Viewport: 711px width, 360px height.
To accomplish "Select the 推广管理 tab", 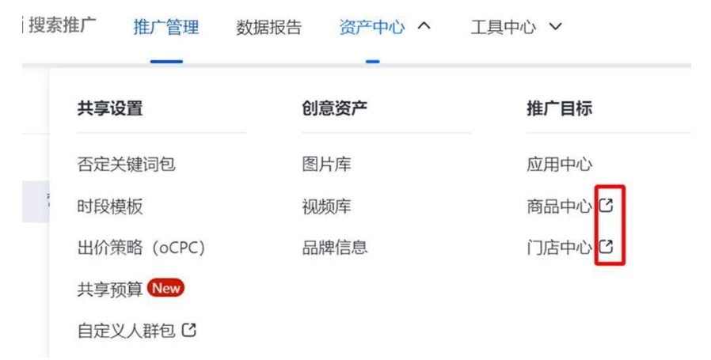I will pyautogui.click(x=166, y=27).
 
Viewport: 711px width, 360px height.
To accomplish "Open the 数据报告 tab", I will pyautogui.click(x=268, y=27).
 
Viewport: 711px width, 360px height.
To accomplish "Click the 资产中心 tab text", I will pyautogui.click(x=371, y=27).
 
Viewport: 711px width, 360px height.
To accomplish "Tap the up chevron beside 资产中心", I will pyautogui.click(x=424, y=26).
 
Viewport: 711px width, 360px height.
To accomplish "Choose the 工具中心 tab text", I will pyautogui.click(x=503, y=27).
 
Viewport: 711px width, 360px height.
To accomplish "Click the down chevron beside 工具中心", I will pyautogui.click(x=555, y=27).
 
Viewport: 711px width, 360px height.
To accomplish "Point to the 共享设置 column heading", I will pyautogui.click(x=110, y=109).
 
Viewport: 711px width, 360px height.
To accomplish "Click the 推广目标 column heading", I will pyautogui.click(x=559, y=109).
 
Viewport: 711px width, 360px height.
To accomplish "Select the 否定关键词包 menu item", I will pyautogui.click(x=126, y=165).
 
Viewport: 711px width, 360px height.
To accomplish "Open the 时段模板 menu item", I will pyautogui.click(x=110, y=207).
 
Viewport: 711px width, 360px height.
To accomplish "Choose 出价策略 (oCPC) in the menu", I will pyautogui.click(x=141, y=248).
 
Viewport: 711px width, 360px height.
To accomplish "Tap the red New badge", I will pyautogui.click(x=165, y=288).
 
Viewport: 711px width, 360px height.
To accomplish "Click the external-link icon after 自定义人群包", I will pyautogui.click(x=188, y=330).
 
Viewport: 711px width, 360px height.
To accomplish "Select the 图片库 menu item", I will pyautogui.click(x=326, y=165).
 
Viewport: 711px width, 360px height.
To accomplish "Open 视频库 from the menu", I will pyautogui.click(x=326, y=207).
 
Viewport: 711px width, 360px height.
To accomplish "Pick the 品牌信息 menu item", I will pyautogui.click(x=334, y=248).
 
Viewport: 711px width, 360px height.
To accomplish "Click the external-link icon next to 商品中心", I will pyautogui.click(x=606, y=206).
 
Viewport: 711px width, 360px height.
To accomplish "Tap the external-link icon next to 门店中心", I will pyautogui.click(x=606, y=247).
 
